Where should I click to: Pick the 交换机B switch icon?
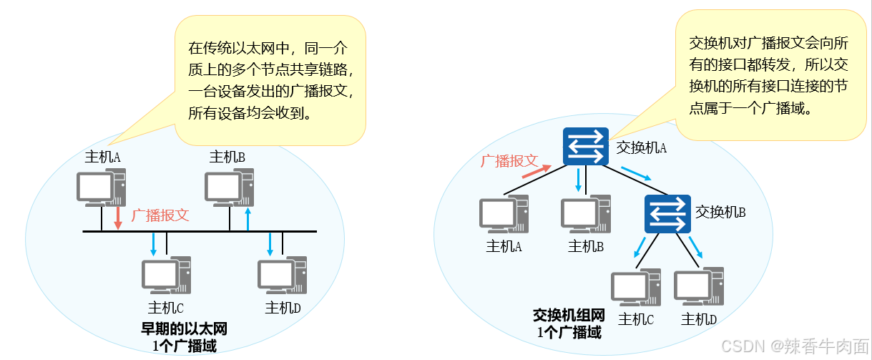point(667,213)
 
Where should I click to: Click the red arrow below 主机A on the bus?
point(119,218)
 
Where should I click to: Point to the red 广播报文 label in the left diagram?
point(161,215)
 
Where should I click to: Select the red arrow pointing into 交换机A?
point(537,170)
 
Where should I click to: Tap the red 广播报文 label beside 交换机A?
point(509,160)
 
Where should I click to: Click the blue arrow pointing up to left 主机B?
point(248,220)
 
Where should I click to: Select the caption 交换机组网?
point(569,316)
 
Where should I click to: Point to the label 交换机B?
point(721,212)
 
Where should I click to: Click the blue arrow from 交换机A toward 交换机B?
point(636,174)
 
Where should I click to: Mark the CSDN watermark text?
point(794,346)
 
